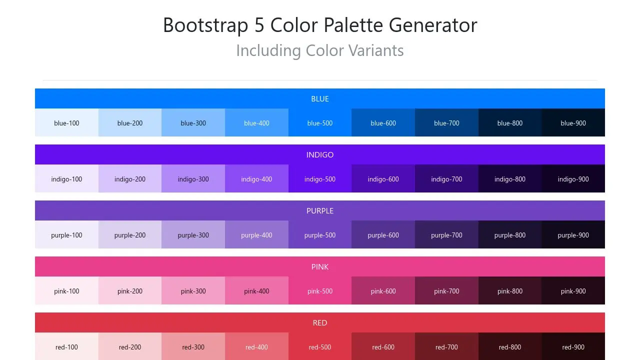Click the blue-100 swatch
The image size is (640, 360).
[66, 122]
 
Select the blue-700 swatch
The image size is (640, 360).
[446, 122]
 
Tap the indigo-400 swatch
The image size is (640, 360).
[256, 178]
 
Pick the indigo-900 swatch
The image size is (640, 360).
[573, 178]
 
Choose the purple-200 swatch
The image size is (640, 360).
[130, 234]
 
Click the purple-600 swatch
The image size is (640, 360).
[383, 234]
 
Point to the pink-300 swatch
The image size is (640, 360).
[193, 290]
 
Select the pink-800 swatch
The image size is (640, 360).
[510, 290]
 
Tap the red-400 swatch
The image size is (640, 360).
[256, 346]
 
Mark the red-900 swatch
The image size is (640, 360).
[573, 346]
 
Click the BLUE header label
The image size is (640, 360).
[320, 99]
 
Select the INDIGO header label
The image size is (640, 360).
[320, 155]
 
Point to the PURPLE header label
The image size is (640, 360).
[320, 211]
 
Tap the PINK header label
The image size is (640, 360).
[320, 267]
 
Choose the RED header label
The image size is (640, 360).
[320, 323]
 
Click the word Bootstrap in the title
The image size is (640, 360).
[205, 25]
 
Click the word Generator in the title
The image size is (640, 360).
[433, 25]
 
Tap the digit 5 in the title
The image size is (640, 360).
[259, 25]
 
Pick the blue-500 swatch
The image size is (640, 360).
[320, 122]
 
